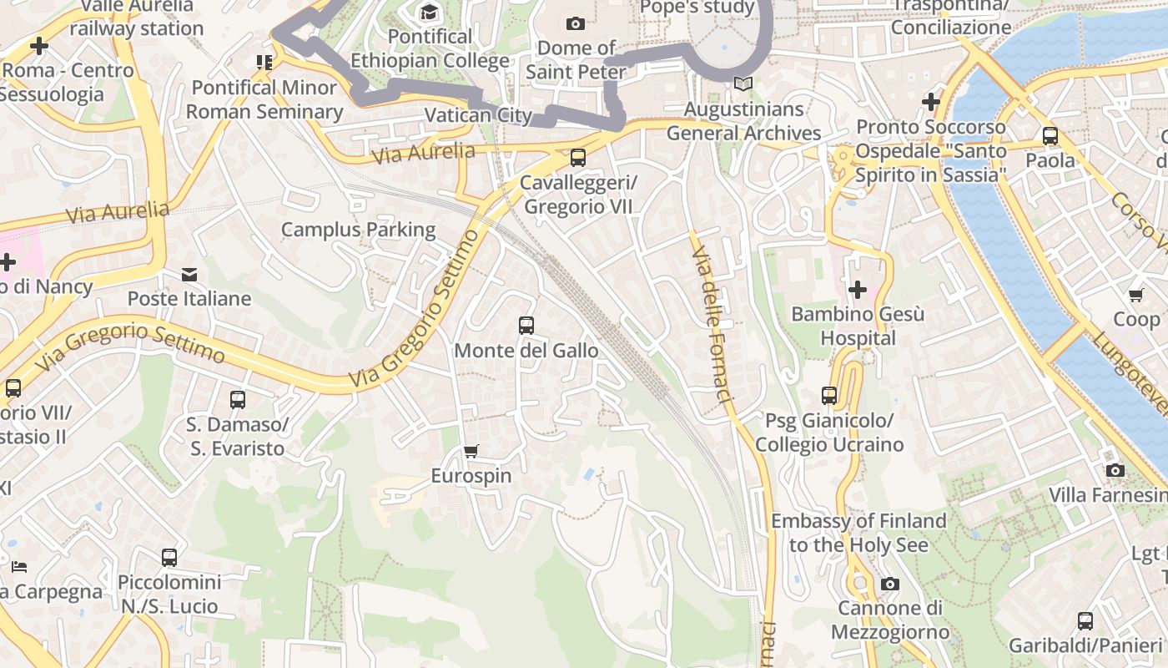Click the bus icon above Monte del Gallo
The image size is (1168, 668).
[x=526, y=326]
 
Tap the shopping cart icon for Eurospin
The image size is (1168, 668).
[x=471, y=452]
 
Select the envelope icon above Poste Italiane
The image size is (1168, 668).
[x=189, y=275]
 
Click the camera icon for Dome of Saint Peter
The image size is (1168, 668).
[x=575, y=23]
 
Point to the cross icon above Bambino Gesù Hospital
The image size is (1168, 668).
[x=857, y=290]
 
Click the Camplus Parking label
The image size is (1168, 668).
[x=358, y=230]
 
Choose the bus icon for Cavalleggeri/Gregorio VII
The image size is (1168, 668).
[x=577, y=158]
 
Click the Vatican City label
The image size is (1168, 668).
[x=478, y=115]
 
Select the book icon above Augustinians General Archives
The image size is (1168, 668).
[x=743, y=84]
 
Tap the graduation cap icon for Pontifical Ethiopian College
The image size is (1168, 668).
[x=429, y=12]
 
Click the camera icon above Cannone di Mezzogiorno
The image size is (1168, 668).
[x=890, y=584]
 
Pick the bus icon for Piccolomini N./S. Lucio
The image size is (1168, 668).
[x=169, y=557]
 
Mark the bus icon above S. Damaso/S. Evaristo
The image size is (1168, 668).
[x=238, y=400]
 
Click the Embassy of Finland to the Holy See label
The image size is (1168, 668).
[x=858, y=533]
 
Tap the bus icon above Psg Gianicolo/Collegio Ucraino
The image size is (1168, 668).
[x=829, y=395]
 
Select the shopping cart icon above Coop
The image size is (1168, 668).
[x=1135, y=295]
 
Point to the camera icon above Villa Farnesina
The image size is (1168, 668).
[x=1115, y=470]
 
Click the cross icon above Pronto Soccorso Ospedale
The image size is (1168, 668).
[x=931, y=102]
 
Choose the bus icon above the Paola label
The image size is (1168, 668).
[x=1050, y=135]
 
